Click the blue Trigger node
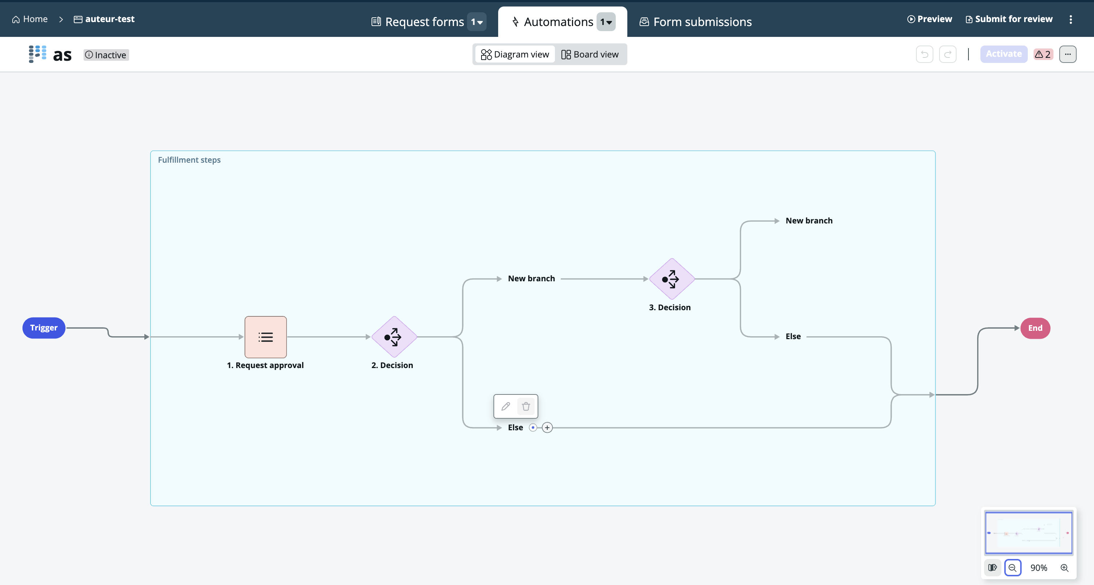(44, 328)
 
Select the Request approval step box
(266, 337)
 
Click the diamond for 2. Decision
(394, 337)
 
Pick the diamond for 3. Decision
(671, 279)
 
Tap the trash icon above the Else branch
(526, 406)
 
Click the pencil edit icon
(505, 406)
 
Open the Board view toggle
(590, 54)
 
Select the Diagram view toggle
(515, 54)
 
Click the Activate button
(1004, 54)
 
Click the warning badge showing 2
(1043, 54)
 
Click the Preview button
(930, 19)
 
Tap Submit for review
(1009, 19)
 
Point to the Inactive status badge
(106, 55)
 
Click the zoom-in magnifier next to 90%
(1064, 568)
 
